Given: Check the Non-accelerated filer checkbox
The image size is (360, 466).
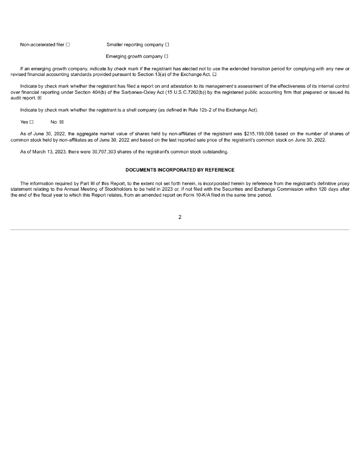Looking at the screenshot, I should tap(68, 45).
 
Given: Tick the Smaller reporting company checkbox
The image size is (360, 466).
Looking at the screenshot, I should tap(167, 45).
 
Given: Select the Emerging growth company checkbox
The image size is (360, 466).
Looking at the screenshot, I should tap(167, 56).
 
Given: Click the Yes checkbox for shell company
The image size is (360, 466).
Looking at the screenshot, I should tap(32, 122).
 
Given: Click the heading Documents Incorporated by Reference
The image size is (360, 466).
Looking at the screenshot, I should tap(180, 170).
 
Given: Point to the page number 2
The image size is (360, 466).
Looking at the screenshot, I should tap(180, 217).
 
